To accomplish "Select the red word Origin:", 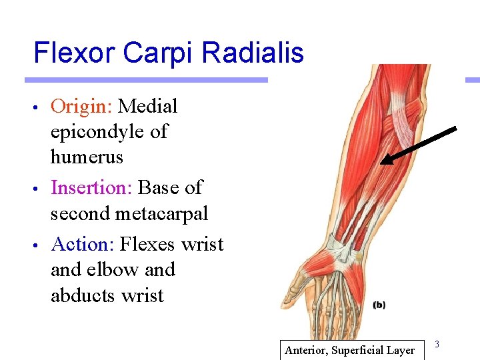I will click(x=82, y=107).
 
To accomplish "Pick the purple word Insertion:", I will click(x=91, y=188).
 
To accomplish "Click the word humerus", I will click(x=87, y=157).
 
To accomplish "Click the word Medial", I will click(x=148, y=107).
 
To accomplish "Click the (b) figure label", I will click(x=379, y=305).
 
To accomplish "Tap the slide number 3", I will click(x=437, y=344).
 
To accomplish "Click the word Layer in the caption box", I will click(x=401, y=350).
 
